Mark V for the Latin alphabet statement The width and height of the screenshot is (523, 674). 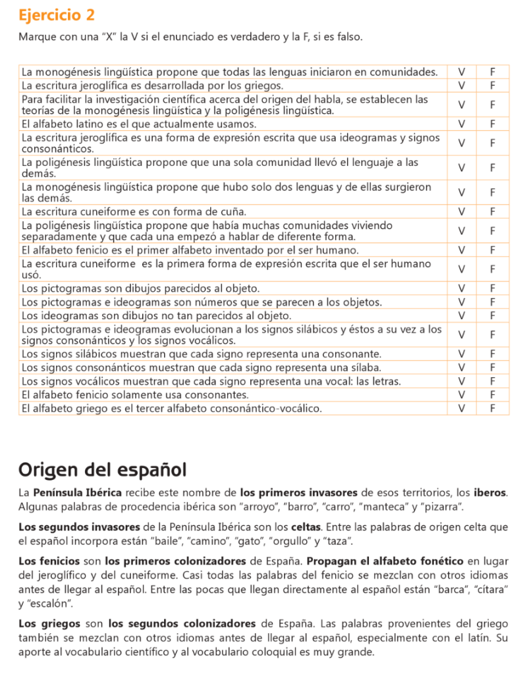[x=462, y=124]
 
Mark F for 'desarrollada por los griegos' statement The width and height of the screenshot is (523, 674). [x=492, y=86]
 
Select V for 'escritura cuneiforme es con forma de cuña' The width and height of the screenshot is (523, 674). [x=462, y=212]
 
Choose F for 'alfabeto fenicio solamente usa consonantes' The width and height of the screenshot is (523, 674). [x=492, y=395]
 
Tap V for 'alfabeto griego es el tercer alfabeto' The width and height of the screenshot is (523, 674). [x=462, y=409]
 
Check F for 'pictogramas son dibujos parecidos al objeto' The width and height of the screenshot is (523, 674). [x=492, y=288]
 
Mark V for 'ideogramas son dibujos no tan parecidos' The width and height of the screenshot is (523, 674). [x=462, y=316]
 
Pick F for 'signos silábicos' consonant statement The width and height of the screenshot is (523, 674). [x=492, y=353]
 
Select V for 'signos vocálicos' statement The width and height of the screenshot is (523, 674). [x=462, y=381]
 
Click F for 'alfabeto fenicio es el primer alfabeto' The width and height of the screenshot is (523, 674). [x=492, y=250]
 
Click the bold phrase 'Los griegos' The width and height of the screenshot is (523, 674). [x=50, y=623]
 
